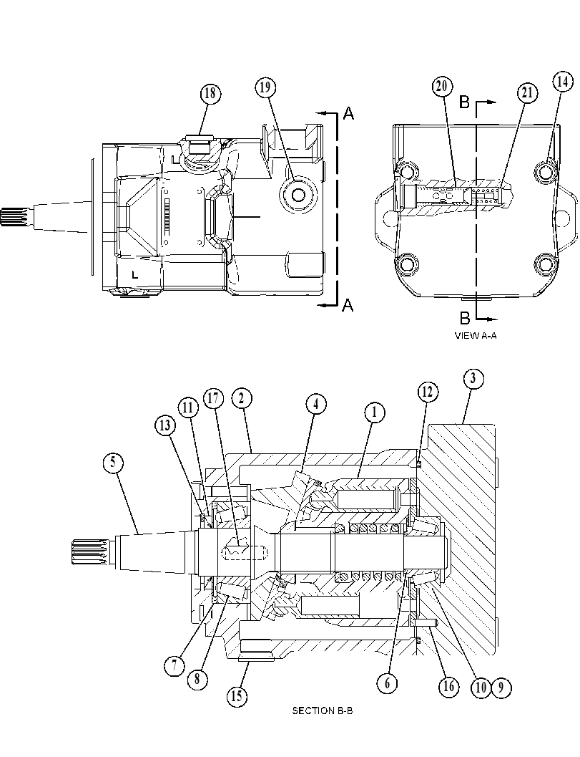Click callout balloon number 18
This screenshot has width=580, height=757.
[x=210, y=93]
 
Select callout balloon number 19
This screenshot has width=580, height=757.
[x=265, y=88]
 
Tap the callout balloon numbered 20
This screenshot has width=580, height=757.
[x=442, y=87]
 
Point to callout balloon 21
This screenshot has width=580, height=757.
[x=528, y=93]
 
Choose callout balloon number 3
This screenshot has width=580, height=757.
[x=473, y=379]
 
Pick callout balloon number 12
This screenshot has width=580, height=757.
[x=427, y=392]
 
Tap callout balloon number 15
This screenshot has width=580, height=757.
[x=237, y=697]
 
